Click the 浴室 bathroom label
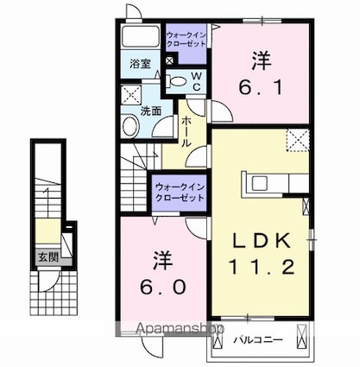(x=140, y=64)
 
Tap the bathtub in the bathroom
(x=141, y=36)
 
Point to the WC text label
(x=197, y=81)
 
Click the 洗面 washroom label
(x=150, y=111)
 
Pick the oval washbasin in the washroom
(x=130, y=126)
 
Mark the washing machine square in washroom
(x=131, y=95)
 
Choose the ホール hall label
(x=186, y=132)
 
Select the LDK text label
(x=262, y=241)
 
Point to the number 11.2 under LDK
(x=262, y=267)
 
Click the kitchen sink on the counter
(x=260, y=183)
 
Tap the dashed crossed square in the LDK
(x=298, y=140)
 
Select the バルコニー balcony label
(x=258, y=340)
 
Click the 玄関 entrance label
(x=48, y=257)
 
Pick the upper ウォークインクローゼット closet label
(x=186, y=40)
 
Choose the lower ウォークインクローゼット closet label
(x=180, y=193)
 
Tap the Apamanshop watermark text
(x=180, y=328)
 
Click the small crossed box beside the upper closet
(x=170, y=60)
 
